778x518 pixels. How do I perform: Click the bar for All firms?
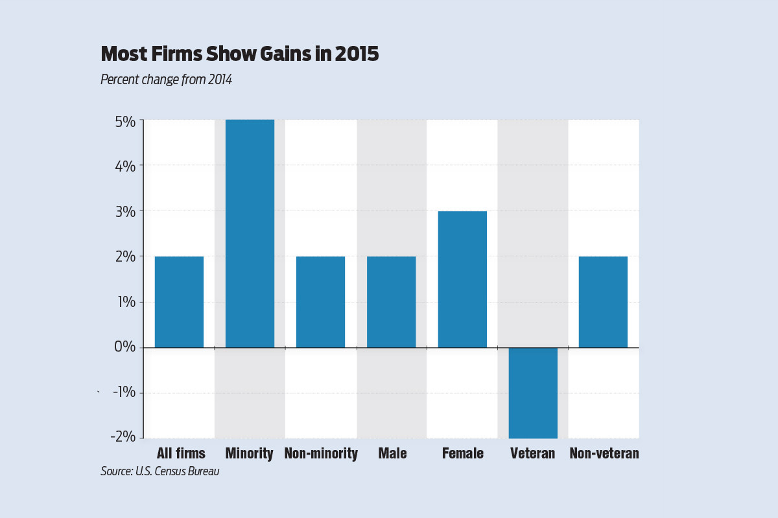(x=179, y=302)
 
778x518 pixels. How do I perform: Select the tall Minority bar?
(x=250, y=233)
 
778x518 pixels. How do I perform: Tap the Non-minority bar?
(x=320, y=302)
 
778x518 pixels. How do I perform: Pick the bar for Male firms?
(x=391, y=302)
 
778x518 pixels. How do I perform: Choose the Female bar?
(x=462, y=279)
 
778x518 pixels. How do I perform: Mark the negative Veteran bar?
(x=533, y=392)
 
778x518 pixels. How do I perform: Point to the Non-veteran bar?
(x=603, y=302)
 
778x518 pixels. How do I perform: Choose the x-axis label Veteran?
(x=532, y=453)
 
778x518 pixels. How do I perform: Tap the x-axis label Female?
(x=462, y=453)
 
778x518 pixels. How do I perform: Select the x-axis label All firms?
(x=181, y=453)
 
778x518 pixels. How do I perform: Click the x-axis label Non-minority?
(x=321, y=453)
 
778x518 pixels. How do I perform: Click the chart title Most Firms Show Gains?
(x=239, y=54)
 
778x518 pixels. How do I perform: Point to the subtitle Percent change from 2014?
(x=166, y=80)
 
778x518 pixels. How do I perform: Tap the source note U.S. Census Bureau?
(x=159, y=471)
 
